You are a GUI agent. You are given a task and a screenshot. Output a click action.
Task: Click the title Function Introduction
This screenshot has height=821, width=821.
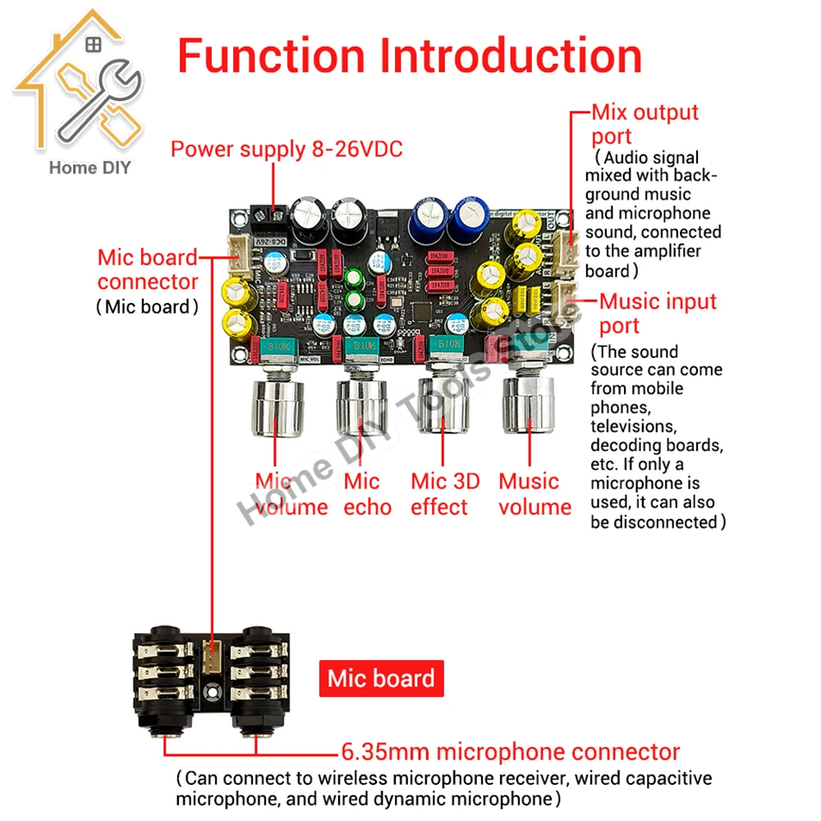pos(410,57)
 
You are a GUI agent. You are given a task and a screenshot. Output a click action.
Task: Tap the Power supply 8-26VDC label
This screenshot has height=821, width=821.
pos(287,149)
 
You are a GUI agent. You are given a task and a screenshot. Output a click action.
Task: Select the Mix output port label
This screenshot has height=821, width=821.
pos(644,124)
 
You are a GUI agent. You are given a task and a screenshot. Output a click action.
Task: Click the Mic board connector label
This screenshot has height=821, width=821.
pos(148,269)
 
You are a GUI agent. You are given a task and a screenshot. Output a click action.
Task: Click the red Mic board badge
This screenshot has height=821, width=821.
pos(381,678)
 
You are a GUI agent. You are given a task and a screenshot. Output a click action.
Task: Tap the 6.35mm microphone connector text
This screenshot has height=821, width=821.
pos(510,751)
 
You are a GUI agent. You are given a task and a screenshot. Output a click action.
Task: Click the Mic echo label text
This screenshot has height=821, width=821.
pos(367,493)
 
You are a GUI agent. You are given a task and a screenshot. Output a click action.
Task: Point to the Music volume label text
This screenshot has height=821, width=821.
pos(534,493)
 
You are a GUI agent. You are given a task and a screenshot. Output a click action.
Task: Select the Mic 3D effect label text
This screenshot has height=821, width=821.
pos(445,493)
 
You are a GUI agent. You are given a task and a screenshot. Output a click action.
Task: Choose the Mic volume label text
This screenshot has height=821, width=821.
pos(291,493)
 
